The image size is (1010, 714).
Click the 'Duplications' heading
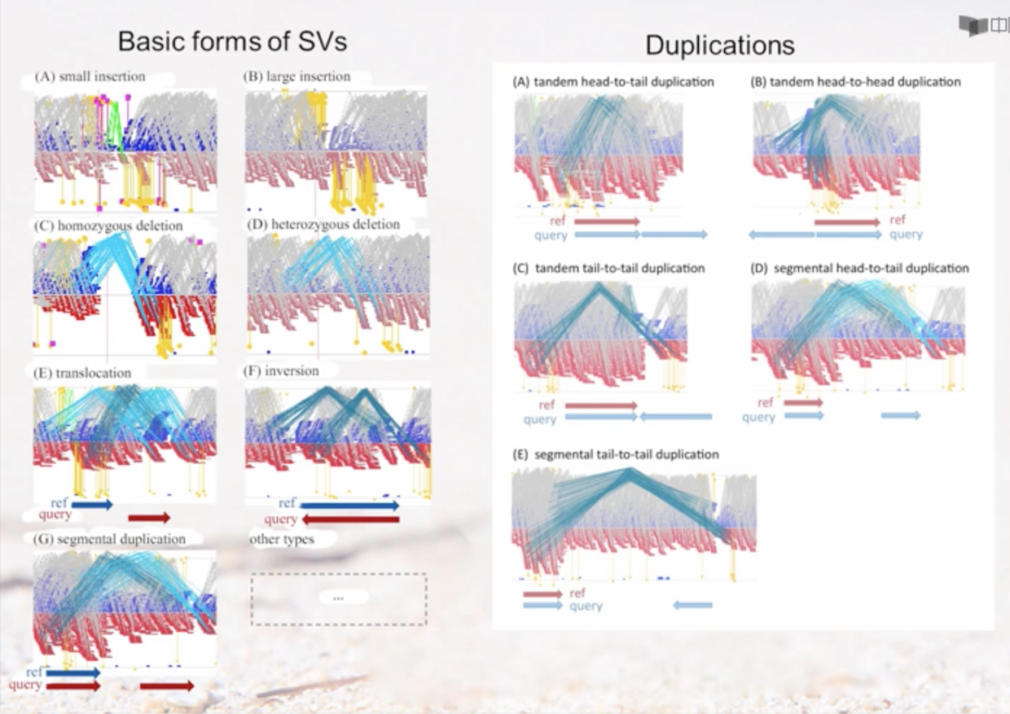click(x=719, y=45)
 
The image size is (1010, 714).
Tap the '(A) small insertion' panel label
click(x=90, y=77)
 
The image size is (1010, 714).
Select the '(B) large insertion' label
click(x=296, y=77)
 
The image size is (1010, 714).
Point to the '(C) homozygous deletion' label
click(x=108, y=225)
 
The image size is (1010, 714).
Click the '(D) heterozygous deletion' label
click(x=323, y=225)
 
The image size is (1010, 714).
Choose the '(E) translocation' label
click(x=82, y=373)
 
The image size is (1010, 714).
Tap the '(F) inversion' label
click(x=281, y=371)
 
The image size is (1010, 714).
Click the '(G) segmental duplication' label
click(x=109, y=539)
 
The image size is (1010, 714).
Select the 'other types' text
click(x=282, y=539)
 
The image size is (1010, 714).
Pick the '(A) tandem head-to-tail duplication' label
click(x=613, y=81)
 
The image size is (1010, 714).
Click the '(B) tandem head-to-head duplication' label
click(x=855, y=81)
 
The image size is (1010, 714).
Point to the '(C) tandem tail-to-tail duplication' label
click(x=608, y=268)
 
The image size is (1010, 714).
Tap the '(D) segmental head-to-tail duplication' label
click(x=860, y=268)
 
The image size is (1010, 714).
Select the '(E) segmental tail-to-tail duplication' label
click(x=616, y=454)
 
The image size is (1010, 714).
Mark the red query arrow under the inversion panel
click(x=350, y=519)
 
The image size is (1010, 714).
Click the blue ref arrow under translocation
click(x=92, y=505)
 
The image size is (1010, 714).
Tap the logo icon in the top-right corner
click(x=974, y=25)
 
